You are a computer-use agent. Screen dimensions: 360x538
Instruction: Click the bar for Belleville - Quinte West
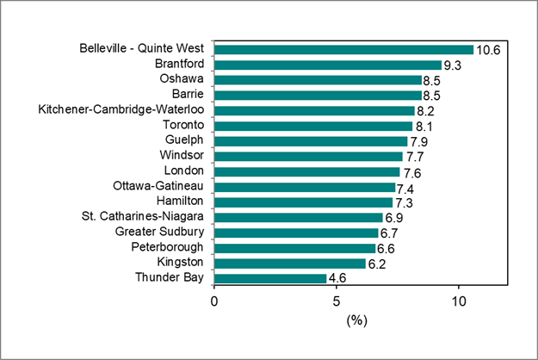(x=343, y=49)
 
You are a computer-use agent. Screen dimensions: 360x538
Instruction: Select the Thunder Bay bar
(x=270, y=278)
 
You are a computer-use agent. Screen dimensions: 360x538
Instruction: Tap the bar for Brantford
(x=327, y=65)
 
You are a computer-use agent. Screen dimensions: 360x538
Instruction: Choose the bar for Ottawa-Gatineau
(x=304, y=187)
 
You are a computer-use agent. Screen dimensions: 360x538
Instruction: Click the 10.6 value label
(x=488, y=50)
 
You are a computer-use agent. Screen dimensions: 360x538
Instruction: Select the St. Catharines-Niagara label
(x=144, y=217)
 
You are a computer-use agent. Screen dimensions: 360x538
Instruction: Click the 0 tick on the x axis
(x=214, y=301)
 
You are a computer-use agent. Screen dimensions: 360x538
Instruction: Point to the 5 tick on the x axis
(x=337, y=301)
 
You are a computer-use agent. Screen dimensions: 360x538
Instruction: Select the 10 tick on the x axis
(x=459, y=301)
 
